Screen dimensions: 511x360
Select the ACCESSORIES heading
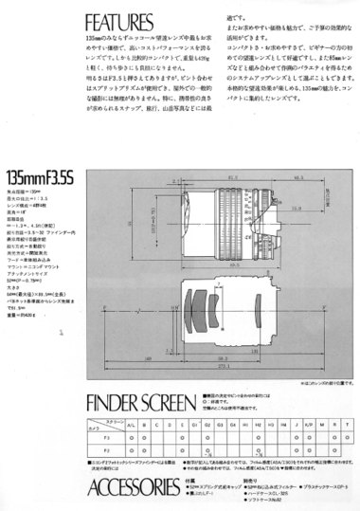point(132,487)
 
